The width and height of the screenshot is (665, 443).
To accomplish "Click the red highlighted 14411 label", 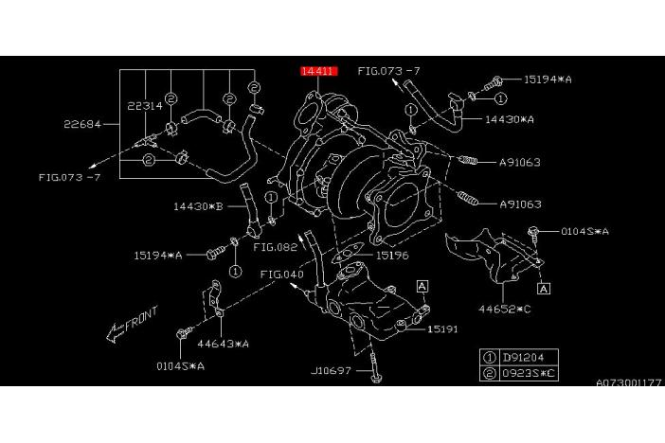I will point(317,71).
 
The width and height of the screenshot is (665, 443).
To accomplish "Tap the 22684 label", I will point(82,124).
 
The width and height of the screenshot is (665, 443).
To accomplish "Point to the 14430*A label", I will point(510,120).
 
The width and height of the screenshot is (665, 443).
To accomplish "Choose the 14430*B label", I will point(197,205).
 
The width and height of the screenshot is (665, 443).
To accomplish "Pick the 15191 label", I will point(443,329).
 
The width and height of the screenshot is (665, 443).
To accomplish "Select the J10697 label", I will point(332,370).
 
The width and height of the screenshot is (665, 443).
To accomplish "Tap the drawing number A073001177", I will point(629,382).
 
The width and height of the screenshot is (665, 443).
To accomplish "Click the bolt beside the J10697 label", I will point(376,375).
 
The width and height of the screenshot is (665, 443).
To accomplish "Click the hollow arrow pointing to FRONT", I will point(112,332).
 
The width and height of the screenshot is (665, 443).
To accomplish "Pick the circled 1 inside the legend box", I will point(490,357).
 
